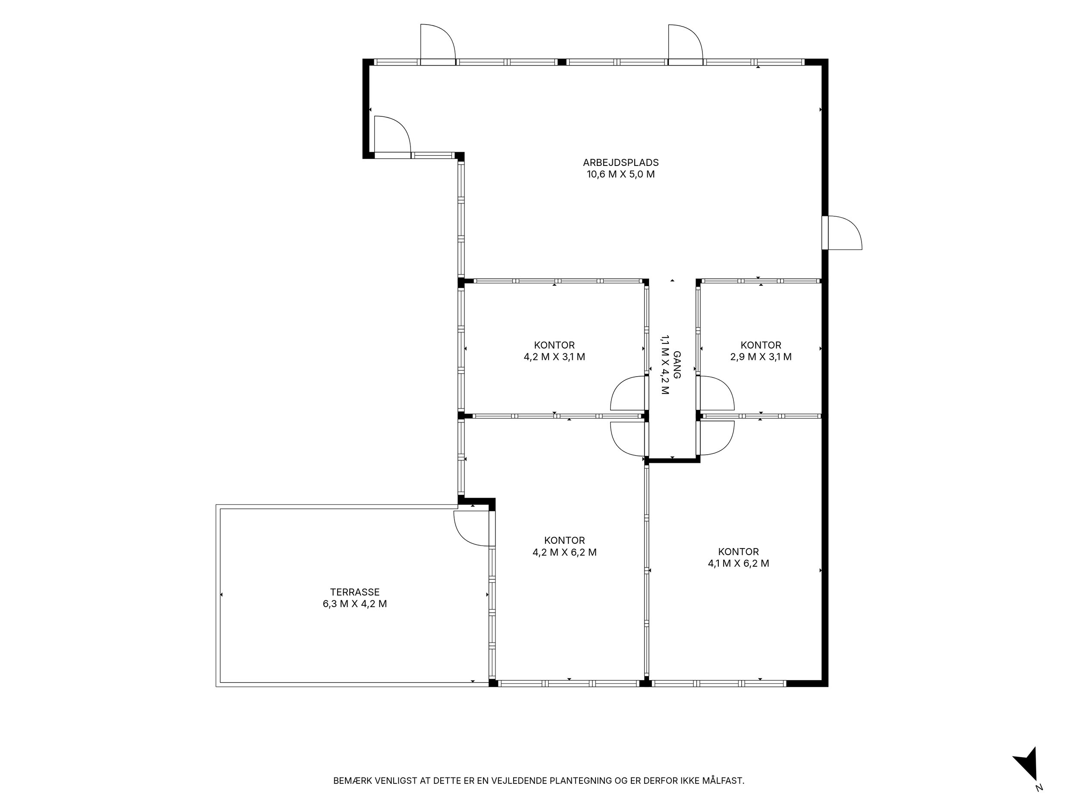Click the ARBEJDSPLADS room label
click(x=621, y=162)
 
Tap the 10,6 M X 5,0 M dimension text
click(x=621, y=175)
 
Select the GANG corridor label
click(x=677, y=365)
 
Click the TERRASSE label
click(x=355, y=592)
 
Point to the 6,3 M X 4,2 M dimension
click(x=355, y=604)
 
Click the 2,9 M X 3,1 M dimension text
click(x=761, y=357)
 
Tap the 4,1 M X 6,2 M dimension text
click(x=738, y=564)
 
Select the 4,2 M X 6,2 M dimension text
click(x=564, y=552)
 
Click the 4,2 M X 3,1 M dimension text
click(x=554, y=357)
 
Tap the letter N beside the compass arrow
click(x=1040, y=800)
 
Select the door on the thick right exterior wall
click(x=842, y=233)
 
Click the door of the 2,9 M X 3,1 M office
click(x=715, y=393)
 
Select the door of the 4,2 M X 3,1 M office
click(x=629, y=393)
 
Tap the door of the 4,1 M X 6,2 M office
click(x=715, y=438)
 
